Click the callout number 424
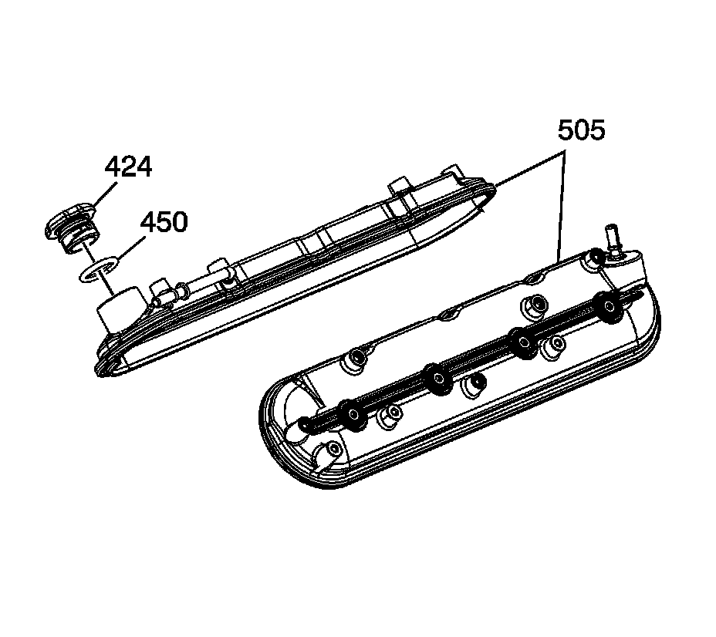[128, 167]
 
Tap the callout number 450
[164, 222]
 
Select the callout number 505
[581, 130]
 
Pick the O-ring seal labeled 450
[97, 270]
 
